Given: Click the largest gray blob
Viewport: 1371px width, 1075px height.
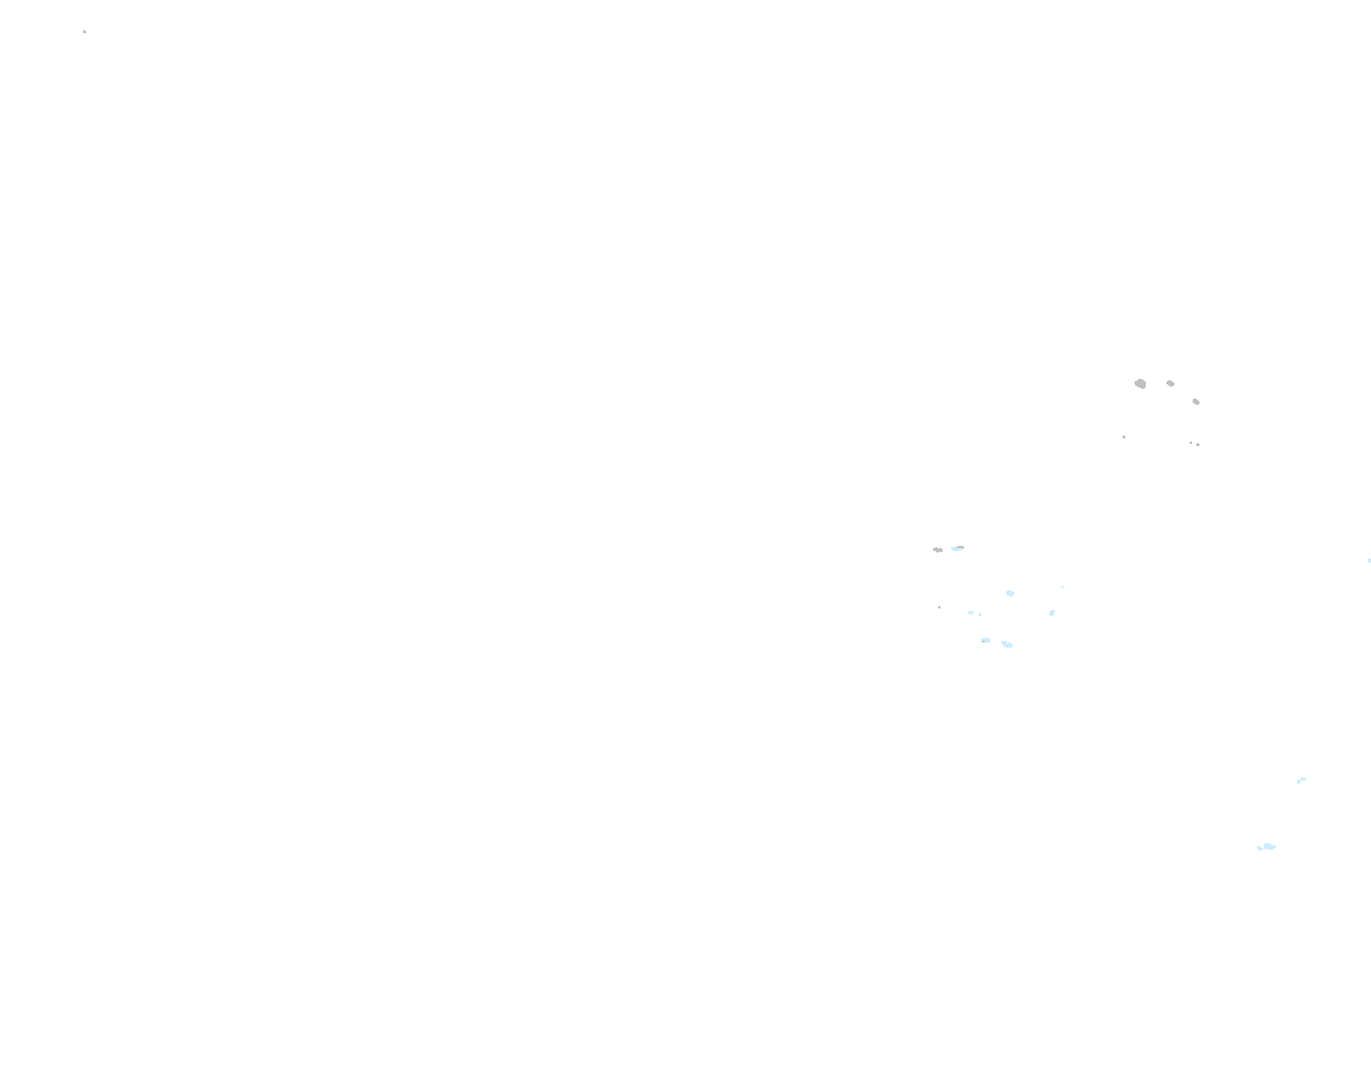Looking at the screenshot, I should [1141, 383].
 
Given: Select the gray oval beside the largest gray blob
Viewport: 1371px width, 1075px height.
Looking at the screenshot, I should [1170, 383].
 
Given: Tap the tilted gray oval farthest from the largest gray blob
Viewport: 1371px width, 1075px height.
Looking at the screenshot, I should [1196, 402].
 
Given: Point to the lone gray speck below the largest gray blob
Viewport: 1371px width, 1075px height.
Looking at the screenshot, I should [1124, 437].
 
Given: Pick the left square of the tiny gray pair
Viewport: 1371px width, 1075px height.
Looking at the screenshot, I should [1191, 443].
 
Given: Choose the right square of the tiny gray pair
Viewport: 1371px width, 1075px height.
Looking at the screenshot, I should [1198, 445].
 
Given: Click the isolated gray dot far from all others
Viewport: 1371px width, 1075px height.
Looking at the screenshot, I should [85, 32].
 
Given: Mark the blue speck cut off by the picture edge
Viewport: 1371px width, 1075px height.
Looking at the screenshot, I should [1369, 561].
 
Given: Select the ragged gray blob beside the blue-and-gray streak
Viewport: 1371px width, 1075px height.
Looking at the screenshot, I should [937, 550].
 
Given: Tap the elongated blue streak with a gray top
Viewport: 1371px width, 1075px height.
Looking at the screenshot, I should [958, 548].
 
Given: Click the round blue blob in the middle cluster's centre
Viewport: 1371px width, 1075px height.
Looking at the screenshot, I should [1010, 593].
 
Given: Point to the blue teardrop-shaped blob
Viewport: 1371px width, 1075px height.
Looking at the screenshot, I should [1051, 613].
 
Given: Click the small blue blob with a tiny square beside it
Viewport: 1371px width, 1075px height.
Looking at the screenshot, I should [971, 612].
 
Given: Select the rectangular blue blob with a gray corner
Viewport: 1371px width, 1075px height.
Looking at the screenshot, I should [986, 640].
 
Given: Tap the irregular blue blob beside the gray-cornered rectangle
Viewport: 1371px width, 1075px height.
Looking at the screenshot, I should [1007, 644].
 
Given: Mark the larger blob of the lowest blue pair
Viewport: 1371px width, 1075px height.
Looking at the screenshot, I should [1269, 846].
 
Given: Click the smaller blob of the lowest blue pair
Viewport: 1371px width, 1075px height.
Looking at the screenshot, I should [1259, 849].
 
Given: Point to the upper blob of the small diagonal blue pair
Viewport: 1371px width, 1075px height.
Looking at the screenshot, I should [1303, 779].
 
